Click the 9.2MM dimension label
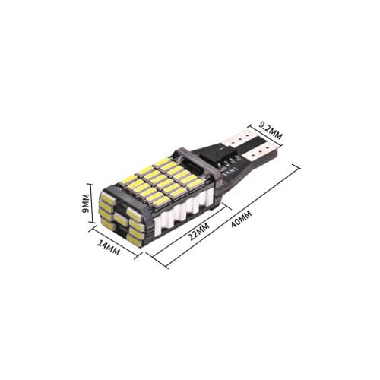pyautogui.click(x=270, y=129)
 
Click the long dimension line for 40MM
pyautogui.click(x=232, y=217)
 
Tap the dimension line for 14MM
pyautogui.click(x=116, y=239)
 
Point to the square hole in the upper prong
pyautogui.click(x=236, y=142)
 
